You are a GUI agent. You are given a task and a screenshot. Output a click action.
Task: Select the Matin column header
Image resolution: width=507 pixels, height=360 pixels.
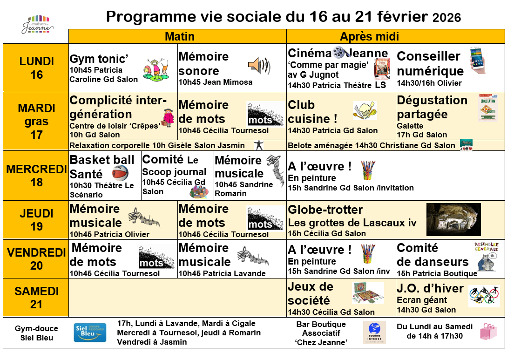[x=179, y=36]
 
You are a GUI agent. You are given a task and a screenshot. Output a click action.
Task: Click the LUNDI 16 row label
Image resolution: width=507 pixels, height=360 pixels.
[x=36, y=68]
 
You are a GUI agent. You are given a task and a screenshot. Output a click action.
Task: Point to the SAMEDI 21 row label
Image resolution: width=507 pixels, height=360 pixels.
[x=36, y=298]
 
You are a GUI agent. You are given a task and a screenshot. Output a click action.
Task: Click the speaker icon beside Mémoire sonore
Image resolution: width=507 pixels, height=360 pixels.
[x=259, y=66]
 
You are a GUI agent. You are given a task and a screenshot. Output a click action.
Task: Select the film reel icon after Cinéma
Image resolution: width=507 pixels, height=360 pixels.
[x=339, y=52]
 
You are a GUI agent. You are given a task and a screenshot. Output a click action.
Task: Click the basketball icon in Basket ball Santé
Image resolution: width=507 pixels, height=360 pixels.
[x=120, y=173]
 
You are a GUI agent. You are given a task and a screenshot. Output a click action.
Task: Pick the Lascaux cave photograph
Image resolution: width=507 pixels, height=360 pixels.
[x=453, y=219]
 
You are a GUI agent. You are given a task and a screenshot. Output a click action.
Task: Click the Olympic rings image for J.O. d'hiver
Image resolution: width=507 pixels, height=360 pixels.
[x=484, y=295]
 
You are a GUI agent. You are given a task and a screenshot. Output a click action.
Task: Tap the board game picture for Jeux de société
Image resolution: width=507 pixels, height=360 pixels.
[x=368, y=293]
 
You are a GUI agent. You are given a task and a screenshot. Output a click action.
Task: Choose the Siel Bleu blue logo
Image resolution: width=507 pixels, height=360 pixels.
[x=90, y=333]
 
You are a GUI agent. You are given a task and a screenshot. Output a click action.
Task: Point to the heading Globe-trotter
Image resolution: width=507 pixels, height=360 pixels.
[x=325, y=210]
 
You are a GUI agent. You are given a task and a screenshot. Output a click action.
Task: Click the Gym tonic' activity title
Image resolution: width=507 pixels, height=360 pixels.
[x=99, y=59]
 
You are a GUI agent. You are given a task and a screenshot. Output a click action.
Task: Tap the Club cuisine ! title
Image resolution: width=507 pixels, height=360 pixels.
[x=312, y=112]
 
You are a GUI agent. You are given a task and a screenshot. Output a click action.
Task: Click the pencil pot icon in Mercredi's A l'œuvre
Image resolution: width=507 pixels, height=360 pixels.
[x=368, y=170]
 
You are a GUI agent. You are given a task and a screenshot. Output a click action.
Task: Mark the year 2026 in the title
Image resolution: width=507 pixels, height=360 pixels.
[x=446, y=18]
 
